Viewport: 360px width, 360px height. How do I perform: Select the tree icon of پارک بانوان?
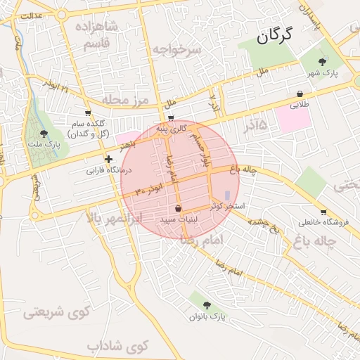click(x=207, y=305)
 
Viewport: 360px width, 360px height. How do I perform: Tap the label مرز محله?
click(x=127, y=100)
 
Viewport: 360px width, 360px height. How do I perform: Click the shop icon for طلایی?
click(x=300, y=94)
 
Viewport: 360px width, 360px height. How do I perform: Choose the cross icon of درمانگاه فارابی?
click(x=108, y=160)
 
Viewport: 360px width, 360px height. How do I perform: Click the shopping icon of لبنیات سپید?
click(x=178, y=209)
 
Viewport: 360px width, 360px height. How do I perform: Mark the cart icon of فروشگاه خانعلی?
click(x=323, y=212)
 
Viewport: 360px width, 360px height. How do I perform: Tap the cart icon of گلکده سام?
click(x=88, y=112)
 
